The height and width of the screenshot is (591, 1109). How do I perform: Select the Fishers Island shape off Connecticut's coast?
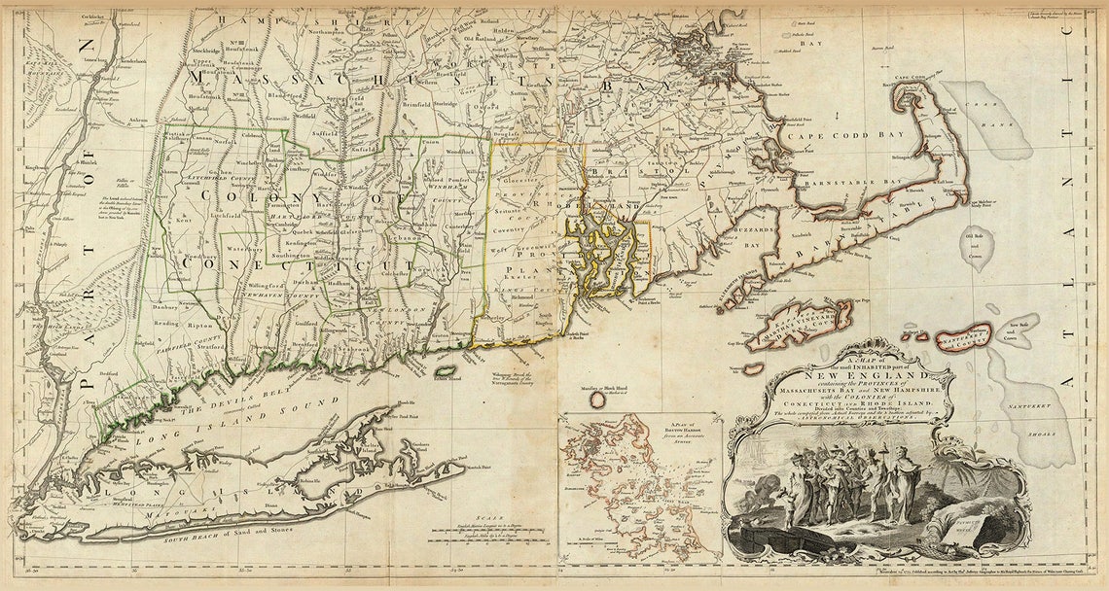click(x=446, y=370)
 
